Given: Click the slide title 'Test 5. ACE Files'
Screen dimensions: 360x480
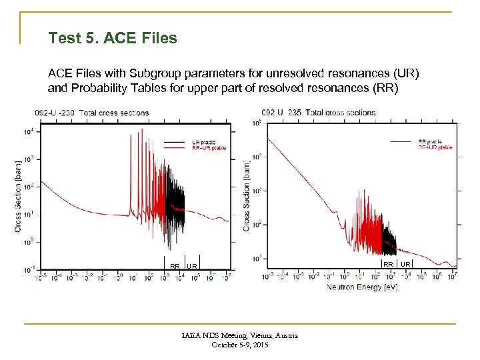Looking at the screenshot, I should click(113, 38).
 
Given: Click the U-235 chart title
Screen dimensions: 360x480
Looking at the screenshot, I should click(319, 113).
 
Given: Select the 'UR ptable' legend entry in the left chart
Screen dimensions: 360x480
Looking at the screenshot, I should click(205, 142).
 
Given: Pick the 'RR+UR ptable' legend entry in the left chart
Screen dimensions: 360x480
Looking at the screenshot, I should click(209, 148).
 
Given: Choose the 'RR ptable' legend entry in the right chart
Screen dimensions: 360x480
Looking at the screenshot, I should click(430, 141).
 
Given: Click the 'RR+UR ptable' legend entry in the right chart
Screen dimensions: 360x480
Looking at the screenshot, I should click(435, 147).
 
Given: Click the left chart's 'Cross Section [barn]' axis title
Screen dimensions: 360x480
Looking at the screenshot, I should click(18, 194).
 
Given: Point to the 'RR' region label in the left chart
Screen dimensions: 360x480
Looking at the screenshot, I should click(174, 266).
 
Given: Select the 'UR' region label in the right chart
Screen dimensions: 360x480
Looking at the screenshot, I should click(405, 265).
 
